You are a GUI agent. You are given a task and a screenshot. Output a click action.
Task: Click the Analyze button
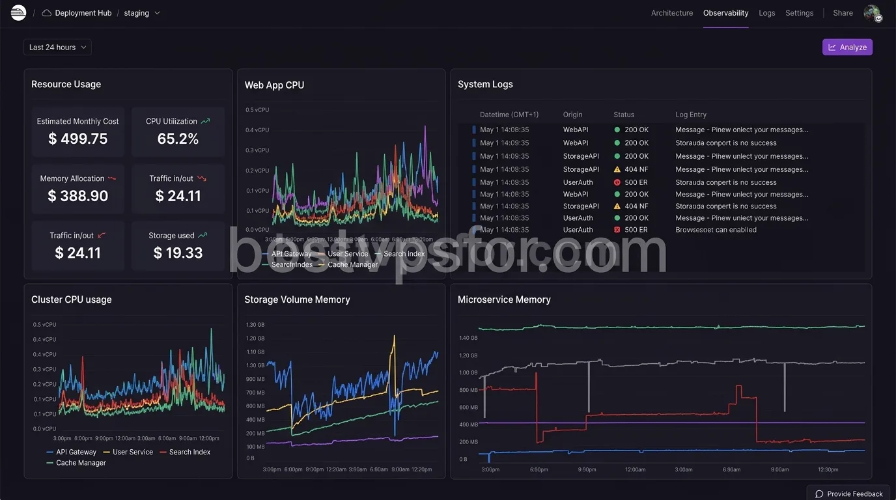pyautogui.click(x=847, y=48)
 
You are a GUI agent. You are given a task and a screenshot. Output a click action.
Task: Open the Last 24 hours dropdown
pyautogui.click(x=57, y=48)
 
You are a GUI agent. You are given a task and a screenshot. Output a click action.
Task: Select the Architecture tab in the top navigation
pyautogui.click(x=671, y=13)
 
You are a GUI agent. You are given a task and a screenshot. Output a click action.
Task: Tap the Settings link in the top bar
pyautogui.click(x=799, y=13)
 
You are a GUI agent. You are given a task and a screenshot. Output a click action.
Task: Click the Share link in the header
pyautogui.click(x=843, y=13)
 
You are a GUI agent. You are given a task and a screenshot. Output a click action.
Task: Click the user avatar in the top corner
pyautogui.click(x=872, y=13)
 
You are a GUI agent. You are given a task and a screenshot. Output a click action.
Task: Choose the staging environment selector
pyautogui.click(x=141, y=13)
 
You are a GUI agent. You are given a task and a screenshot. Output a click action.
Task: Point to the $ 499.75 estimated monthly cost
pyautogui.click(x=77, y=139)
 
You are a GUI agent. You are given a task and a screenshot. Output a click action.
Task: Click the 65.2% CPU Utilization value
pyautogui.click(x=178, y=139)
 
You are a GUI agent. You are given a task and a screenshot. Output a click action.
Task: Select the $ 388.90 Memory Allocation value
pyautogui.click(x=77, y=196)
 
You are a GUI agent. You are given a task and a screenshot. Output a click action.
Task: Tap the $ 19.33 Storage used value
pyautogui.click(x=178, y=253)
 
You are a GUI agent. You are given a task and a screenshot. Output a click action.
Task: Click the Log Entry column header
pyautogui.click(x=690, y=115)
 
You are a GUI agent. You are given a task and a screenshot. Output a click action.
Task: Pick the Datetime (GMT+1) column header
pyautogui.click(x=509, y=115)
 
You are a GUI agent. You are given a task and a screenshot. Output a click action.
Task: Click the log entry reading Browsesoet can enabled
pyautogui.click(x=716, y=230)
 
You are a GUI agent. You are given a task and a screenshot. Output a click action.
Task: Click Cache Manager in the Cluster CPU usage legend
pyautogui.click(x=81, y=463)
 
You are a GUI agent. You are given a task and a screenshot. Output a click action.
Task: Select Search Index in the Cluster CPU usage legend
pyautogui.click(x=189, y=452)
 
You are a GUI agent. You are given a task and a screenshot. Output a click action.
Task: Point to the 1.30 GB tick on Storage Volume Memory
pyautogui.click(x=255, y=324)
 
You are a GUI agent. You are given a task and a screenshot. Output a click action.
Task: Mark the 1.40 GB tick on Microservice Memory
pyautogui.click(x=468, y=338)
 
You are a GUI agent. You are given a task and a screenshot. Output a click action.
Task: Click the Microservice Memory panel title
pyautogui.click(x=504, y=299)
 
